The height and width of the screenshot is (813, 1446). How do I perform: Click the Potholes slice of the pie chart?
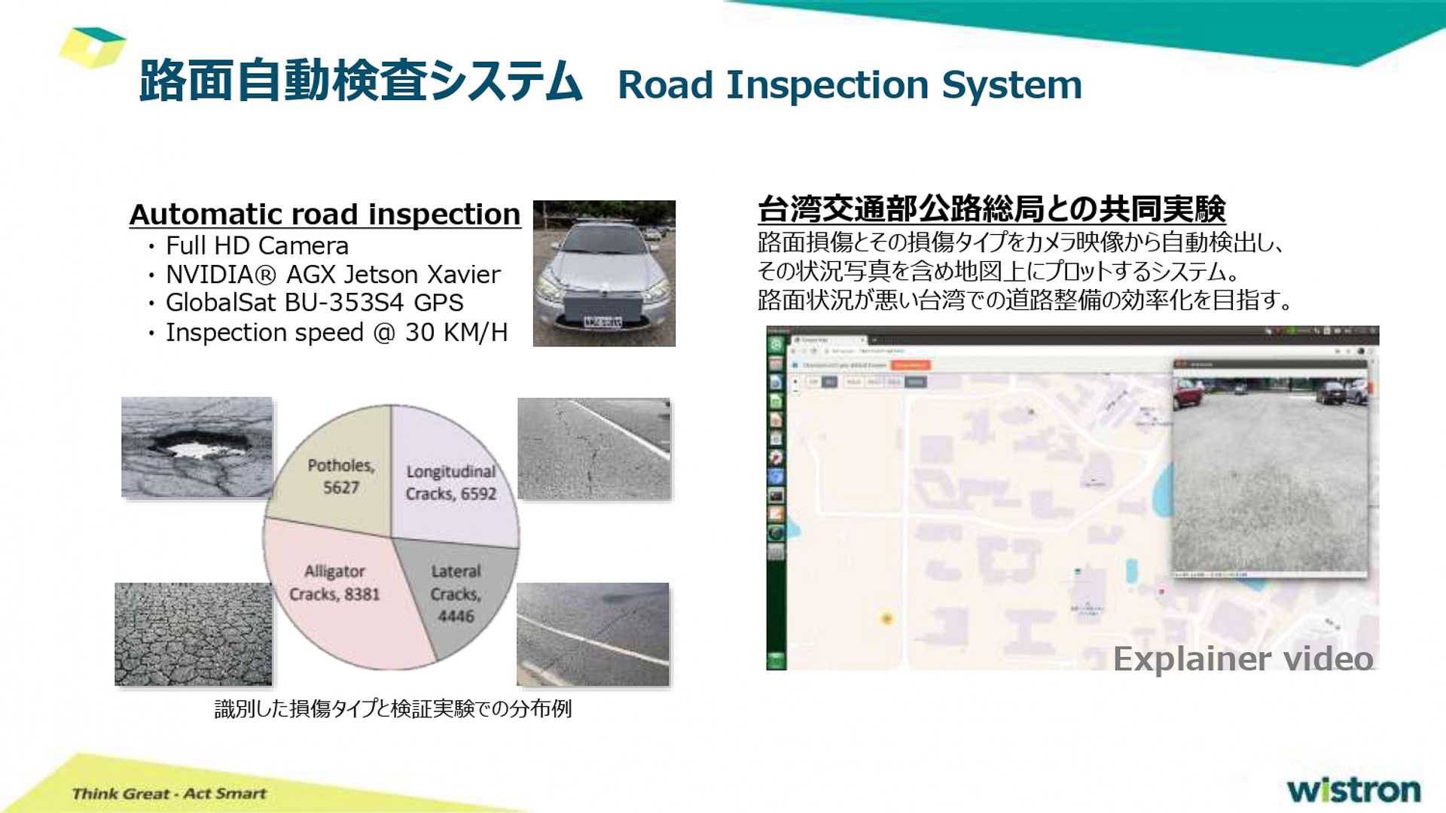tap(339, 474)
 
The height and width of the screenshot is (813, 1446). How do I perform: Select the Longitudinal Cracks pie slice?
tap(452, 482)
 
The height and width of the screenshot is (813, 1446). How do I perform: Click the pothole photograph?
tap(197, 447)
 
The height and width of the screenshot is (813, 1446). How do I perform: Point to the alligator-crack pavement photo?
tap(193, 634)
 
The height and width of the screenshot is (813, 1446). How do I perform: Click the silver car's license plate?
tap(603, 322)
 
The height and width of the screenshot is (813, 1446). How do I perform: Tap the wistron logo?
tap(1353, 790)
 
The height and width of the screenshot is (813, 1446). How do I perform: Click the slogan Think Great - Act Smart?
tap(169, 793)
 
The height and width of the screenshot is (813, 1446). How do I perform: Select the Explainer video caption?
tap(1243, 659)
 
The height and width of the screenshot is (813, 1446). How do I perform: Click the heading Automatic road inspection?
tap(325, 215)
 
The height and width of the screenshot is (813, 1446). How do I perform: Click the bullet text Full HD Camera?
tap(257, 246)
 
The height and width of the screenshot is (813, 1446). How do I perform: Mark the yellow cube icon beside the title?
tap(92, 47)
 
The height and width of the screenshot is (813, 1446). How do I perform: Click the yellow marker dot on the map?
tap(887, 618)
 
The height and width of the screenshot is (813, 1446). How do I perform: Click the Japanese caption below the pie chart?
tap(393, 708)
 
